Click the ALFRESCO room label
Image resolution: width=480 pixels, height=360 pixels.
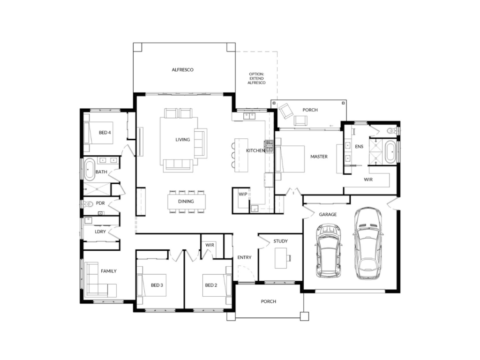[182, 70]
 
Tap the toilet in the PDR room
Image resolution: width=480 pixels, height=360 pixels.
[88, 203]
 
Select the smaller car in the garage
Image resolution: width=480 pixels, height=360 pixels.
[329, 251]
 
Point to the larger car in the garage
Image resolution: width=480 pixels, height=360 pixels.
[367, 243]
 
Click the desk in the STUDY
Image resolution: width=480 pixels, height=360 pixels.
[281, 258]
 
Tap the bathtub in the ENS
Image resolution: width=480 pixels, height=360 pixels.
[390, 152]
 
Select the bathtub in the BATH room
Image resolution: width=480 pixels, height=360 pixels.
[90, 169]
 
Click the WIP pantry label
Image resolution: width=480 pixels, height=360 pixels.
[243, 194]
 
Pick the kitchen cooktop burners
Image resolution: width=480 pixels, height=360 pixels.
[269, 146]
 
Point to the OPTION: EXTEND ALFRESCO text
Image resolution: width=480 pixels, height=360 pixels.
[256, 78]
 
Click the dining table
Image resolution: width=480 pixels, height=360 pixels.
[187, 202]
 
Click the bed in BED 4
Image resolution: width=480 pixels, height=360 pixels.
[98, 133]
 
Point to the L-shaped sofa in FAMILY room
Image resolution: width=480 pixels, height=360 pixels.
[98, 279]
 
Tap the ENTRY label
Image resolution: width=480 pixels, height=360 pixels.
[244, 257]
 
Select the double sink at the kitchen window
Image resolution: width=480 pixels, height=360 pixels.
[249, 116]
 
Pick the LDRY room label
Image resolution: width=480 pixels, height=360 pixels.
[100, 232]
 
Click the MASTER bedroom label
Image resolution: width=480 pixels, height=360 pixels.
[319, 157]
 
